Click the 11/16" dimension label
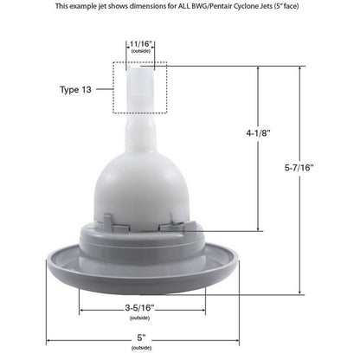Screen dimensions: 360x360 tap(140, 44)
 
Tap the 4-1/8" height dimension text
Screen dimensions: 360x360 tap(258, 133)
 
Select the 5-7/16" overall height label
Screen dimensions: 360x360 tap(299, 168)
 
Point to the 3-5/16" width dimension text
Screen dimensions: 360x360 tap(140, 308)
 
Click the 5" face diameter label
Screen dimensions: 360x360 tap(141, 337)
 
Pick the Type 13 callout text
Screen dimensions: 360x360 tap(75, 89)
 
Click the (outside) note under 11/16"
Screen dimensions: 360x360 tap(140, 51)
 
